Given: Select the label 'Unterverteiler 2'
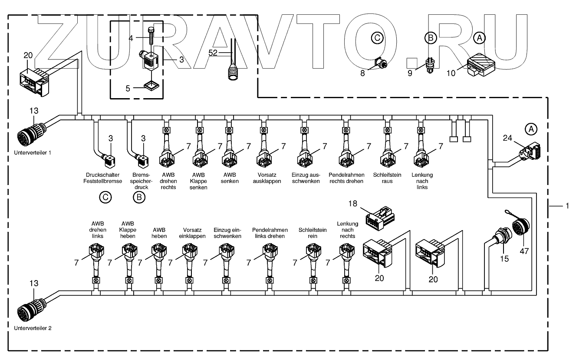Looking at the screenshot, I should tap(33, 328).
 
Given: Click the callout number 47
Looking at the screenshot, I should tap(524, 251).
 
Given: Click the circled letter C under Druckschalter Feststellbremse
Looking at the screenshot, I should tap(105, 197).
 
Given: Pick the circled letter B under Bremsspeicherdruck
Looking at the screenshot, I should tap(139, 197).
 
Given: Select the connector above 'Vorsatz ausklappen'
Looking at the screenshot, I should tap(263, 157).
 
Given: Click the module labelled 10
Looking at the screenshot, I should tap(479, 64).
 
